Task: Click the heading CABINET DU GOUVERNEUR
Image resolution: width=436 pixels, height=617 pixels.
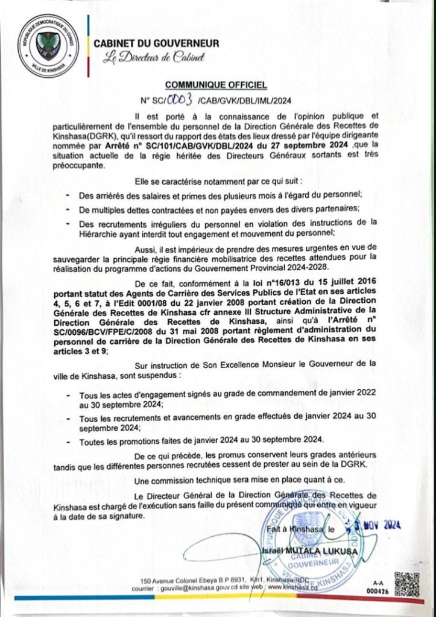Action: click(x=156, y=44)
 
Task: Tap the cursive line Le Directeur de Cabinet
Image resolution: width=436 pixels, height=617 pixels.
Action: click(x=154, y=59)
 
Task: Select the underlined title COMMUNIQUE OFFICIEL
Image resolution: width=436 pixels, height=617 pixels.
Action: click(x=216, y=86)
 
